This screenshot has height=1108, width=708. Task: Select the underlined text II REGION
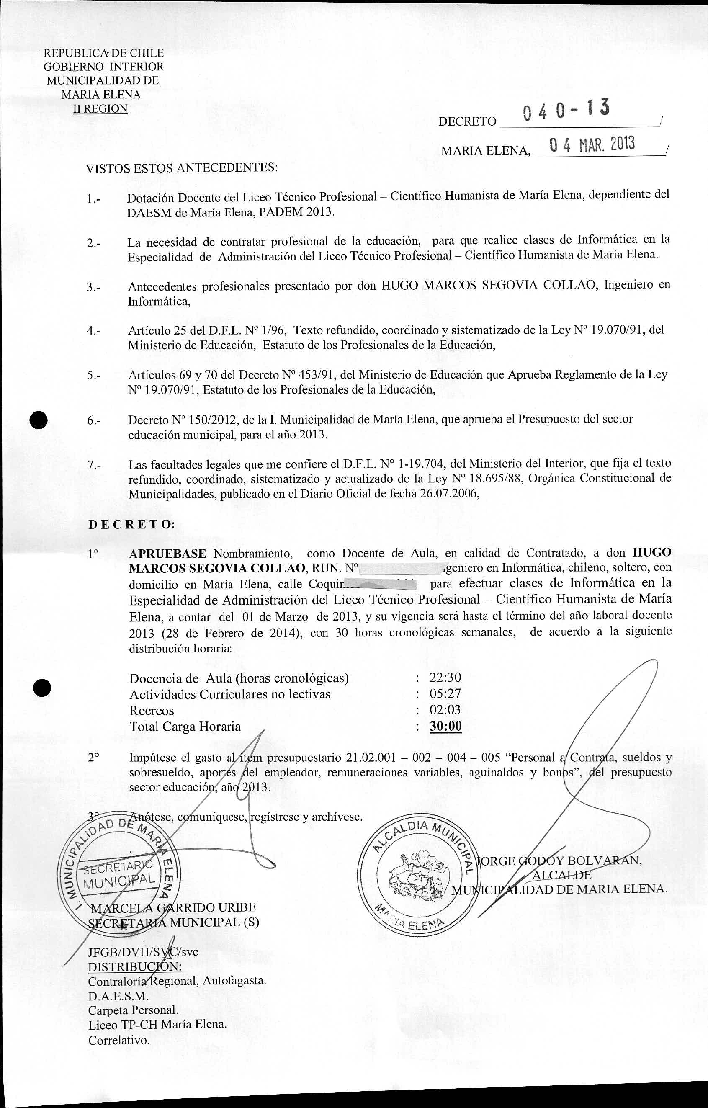click(101, 109)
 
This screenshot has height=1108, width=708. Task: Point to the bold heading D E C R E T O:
click(131, 525)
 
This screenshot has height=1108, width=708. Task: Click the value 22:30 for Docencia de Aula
click(445, 677)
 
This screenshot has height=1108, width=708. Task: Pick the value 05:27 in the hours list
click(445, 693)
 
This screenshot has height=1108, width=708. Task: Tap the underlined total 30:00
click(445, 726)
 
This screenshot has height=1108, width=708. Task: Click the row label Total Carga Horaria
click(185, 727)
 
